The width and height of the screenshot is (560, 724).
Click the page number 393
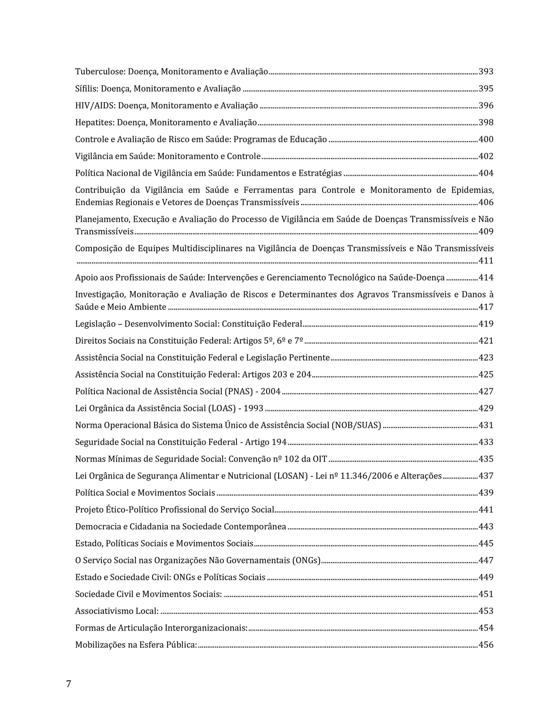point(486,72)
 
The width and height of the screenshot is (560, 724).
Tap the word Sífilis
point(87,89)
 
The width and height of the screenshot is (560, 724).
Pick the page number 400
point(486,139)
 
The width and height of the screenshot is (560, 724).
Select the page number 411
point(486,261)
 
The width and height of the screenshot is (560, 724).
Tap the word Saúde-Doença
point(420,278)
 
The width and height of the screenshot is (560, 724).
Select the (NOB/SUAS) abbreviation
point(356,425)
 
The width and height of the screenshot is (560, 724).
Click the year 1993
point(253,408)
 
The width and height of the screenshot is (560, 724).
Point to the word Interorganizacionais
point(206,628)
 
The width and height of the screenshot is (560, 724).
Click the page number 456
point(486,645)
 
